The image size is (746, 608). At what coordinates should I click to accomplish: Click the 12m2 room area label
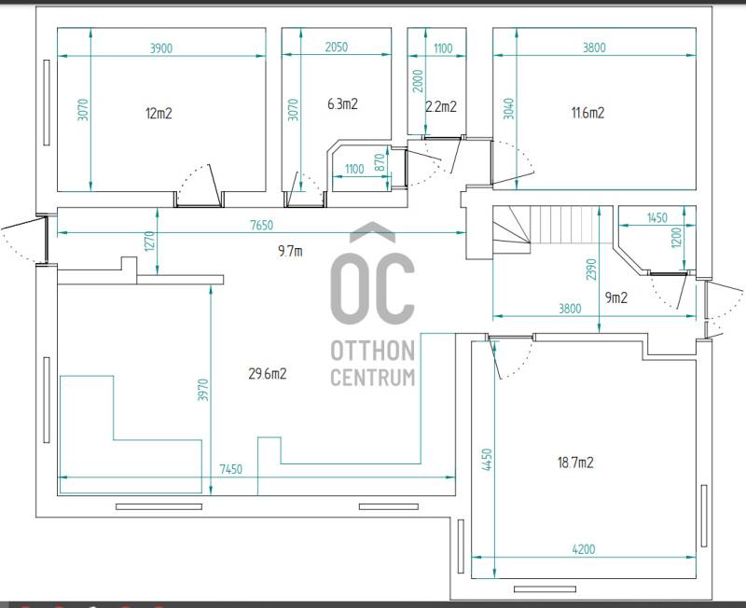[159, 113]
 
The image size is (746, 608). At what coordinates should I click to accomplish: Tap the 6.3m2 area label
[342, 104]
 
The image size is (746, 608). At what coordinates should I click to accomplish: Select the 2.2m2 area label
[441, 106]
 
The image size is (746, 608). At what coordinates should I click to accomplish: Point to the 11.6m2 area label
[588, 112]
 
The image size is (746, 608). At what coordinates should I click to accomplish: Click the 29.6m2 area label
[268, 373]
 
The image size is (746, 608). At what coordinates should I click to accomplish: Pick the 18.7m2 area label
[575, 462]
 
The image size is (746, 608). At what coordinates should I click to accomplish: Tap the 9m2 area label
[616, 297]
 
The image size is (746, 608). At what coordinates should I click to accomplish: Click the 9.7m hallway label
[290, 251]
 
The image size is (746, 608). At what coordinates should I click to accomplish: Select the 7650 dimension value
[262, 225]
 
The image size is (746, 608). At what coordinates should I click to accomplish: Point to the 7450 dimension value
[230, 469]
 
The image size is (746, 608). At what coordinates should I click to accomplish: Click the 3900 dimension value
[161, 48]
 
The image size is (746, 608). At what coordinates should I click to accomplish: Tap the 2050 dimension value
[337, 48]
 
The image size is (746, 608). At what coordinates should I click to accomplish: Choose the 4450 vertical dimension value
[487, 460]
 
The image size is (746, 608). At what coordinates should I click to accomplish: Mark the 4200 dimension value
[584, 549]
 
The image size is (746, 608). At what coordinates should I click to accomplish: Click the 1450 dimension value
[657, 218]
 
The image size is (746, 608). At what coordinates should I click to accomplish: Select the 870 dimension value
[380, 162]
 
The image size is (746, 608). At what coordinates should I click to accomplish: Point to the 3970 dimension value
[203, 390]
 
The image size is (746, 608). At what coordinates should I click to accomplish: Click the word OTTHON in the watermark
[373, 352]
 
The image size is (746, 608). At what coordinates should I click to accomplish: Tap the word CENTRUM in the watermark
[373, 378]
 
